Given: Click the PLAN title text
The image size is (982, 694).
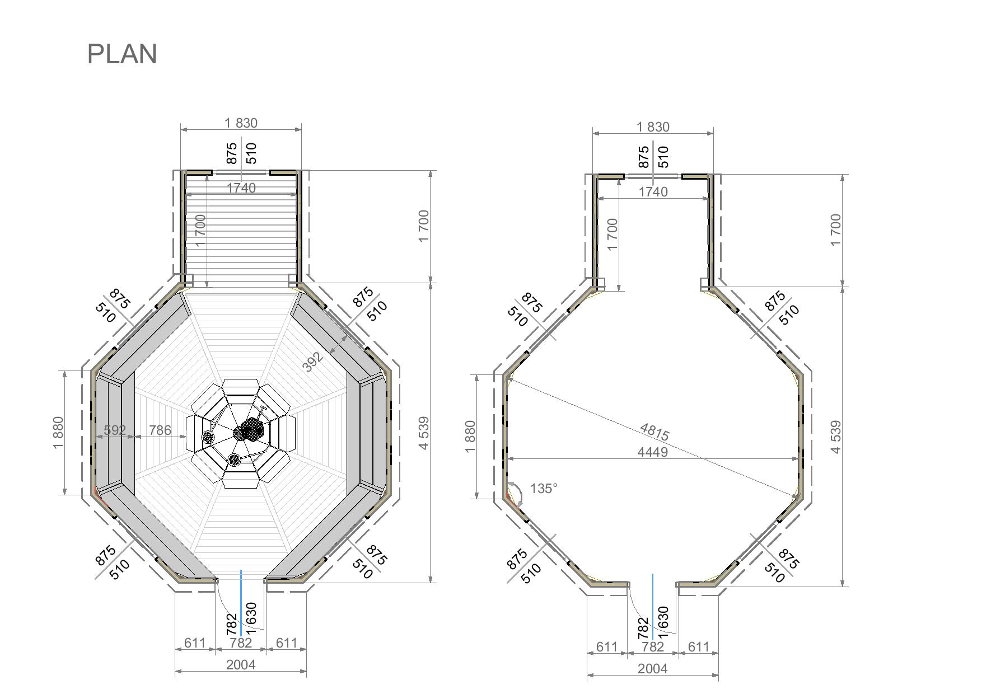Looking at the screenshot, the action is click(122, 54).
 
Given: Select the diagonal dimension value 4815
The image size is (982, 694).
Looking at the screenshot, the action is click(654, 432).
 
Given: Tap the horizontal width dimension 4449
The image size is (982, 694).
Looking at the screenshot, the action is click(653, 452).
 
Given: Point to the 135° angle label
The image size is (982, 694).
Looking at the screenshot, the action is click(544, 489).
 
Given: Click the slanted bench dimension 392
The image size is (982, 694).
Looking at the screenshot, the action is click(313, 362).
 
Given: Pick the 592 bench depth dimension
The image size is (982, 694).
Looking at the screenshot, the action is click(115, 430).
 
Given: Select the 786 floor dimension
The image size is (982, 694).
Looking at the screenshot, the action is click(160, 430).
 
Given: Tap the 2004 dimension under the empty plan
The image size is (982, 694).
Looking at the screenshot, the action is click(653, 668).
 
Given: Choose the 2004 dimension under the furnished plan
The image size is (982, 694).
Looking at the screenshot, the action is click(241, 664).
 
